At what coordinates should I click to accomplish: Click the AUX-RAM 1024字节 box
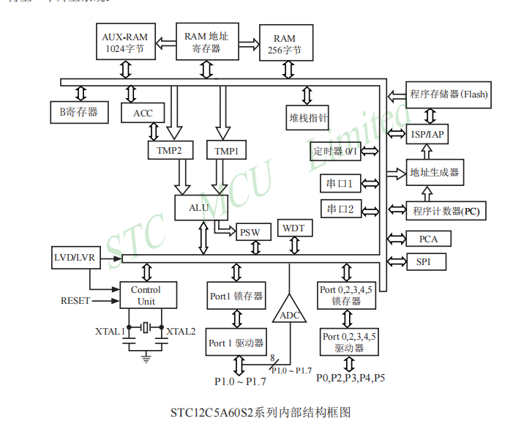[125, 43]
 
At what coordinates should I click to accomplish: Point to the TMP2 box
[169, 151]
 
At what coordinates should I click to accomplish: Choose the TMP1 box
[226, 151]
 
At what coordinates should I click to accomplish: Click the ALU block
[199, 207]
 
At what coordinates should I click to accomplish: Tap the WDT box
[293, 228]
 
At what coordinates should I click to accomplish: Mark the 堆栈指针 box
[308, 116]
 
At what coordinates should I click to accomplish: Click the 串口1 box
[340, 182]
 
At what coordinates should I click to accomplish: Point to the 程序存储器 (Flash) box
[448, 94]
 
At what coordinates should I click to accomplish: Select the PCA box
[428, 239]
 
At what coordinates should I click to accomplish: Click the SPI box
[424, 261]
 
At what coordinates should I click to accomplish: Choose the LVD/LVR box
[72, 258]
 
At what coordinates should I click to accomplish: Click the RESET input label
[75, 300]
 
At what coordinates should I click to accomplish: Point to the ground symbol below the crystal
[146, 357]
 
